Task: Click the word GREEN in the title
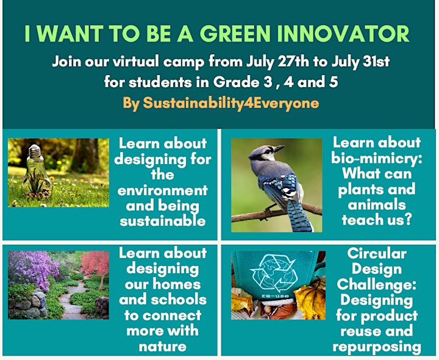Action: coord(235,34)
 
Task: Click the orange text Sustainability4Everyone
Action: coord(231,104)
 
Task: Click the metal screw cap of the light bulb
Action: coord(35,151)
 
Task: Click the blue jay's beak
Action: coord(279,148)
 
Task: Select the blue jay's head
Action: coord(265,153)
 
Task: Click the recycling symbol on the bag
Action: coord(274,273)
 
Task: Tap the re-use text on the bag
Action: coord(271,296)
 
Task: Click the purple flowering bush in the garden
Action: coord(32,269)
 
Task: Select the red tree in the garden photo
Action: coord(95,265)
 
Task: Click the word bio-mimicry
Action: coord(377,158)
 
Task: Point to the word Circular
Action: coord(377,254)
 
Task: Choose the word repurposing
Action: coord(377,347)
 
